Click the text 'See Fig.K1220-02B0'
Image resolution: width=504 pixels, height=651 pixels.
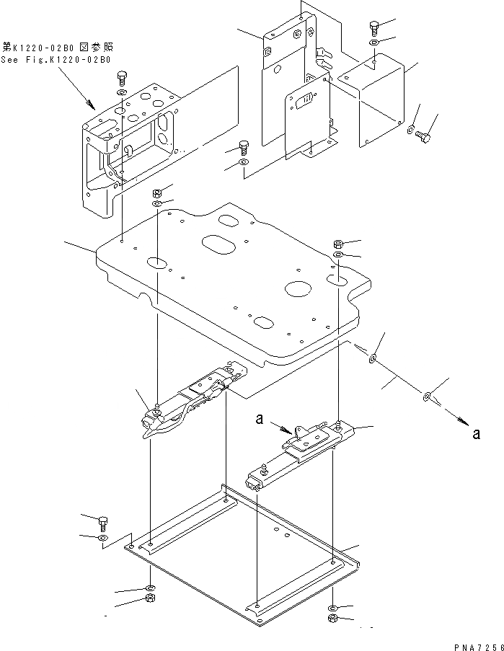tap(56, 59)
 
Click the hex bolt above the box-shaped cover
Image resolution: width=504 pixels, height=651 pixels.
tap(374, 27)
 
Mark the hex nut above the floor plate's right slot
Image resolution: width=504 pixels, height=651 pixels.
tap(339, 243)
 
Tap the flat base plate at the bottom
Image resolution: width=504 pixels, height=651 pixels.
tap(238, 555)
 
